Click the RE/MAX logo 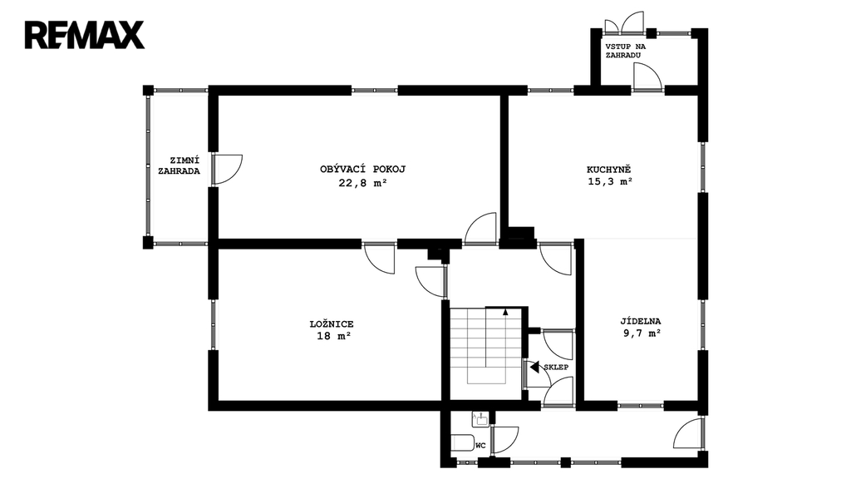click(x=84, y=35)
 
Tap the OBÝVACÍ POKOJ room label click(x=362, y=169)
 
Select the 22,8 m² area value click(x=362, y=182)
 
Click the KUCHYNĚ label click(x=609, y=169)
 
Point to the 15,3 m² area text click(x=610, y=182)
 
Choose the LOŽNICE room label click(x=331, y=324)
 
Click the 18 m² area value click(x=333, y=336)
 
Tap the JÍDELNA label click(x=641, y=321)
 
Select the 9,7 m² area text click(x=642, y=333)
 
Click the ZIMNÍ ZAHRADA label click(x=180, y=165)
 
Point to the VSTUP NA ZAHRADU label click(x=625, y=51)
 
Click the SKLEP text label click(x=556, y=367)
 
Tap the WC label click(x=480, y=446)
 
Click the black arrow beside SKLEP click(x=534, y=367)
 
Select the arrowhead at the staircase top click(x=505, y=312)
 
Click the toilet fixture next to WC click(x=463, y=442)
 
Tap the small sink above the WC click(x=480, y=417)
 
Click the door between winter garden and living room click(x=226, y=170)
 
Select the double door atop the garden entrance click(x=624, y=22)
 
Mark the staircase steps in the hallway click(x=485, y=346)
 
